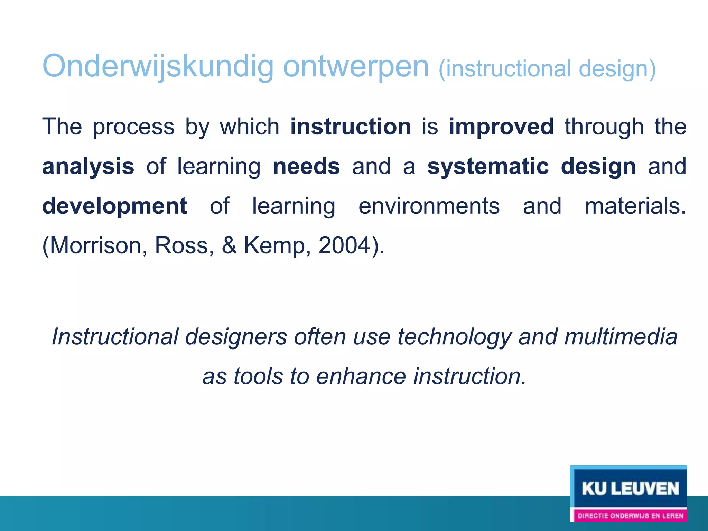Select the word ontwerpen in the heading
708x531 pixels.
pyautogui.click(x=356, y=66)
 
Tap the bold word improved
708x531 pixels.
pyautogui.click(x=501, y=127)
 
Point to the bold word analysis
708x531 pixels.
pyautogui.click(x=88, y=167)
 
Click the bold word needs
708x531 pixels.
pyautogui.click(x=306, y=167)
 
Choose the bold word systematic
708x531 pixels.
pyautogui.click(x=488, y=167)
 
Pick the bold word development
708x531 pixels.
pyautogui.click(x=115, y=206)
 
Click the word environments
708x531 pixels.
pyautogui.click(x=429, y=206)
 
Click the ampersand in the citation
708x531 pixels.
pyautogui.click(x=229, y=246)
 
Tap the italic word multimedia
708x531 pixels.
pyautogui.click(x=621, y=337)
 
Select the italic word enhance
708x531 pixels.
pyautogui.click(x=361, y=376)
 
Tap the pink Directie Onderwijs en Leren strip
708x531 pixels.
pyautogui.click(x=630, y=516)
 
